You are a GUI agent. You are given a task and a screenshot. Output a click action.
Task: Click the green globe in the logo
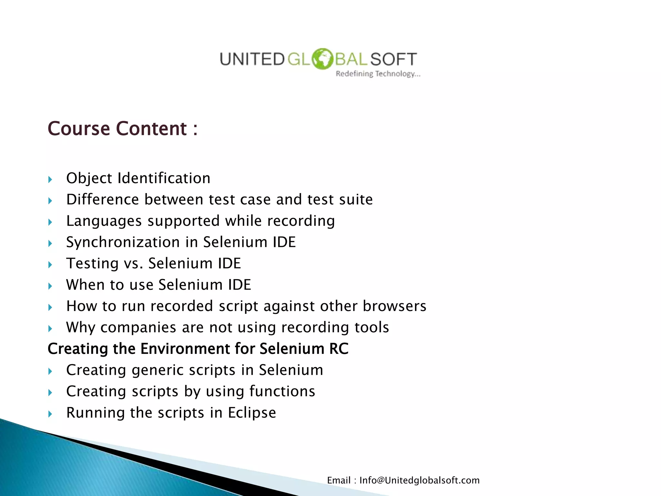322,59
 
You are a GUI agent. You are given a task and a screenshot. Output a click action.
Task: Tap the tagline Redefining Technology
378,74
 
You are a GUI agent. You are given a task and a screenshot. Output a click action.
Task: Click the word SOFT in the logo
393,59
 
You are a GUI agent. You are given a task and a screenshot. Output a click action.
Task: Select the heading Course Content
122,129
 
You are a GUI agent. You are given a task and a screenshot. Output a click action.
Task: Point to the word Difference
103,200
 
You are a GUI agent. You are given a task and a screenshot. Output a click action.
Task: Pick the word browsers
394,306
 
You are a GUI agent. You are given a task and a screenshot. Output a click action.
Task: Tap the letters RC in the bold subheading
339,349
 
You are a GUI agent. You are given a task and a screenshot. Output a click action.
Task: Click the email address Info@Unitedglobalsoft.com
419,480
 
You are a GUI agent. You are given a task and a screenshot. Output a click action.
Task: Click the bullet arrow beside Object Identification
50,180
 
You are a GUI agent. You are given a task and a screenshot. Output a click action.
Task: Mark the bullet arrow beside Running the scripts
50,414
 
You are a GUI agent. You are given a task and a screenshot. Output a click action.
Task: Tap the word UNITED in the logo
252,59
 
